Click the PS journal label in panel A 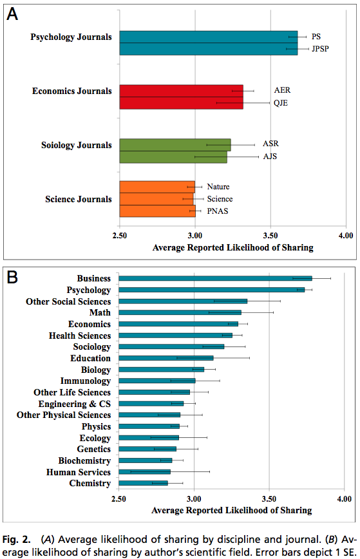[316, 37]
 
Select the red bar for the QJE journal [182, 103]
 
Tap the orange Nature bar [157, 187]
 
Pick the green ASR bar [175, 145]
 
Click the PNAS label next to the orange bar [218, 211]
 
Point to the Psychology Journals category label [71, 37]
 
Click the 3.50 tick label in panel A [270, 236]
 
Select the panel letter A [12, 14]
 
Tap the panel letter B [12, 277]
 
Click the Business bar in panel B [215, 278]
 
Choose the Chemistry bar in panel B [143, 483]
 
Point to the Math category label [100, 312]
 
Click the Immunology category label [86, 381]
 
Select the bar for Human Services [144, 471]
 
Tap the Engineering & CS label [75, 404]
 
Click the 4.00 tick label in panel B [345, 498]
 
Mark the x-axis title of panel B [232, 511]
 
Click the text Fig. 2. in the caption [16, 540]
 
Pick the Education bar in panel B [166, 358]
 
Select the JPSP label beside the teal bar [320, 49]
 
